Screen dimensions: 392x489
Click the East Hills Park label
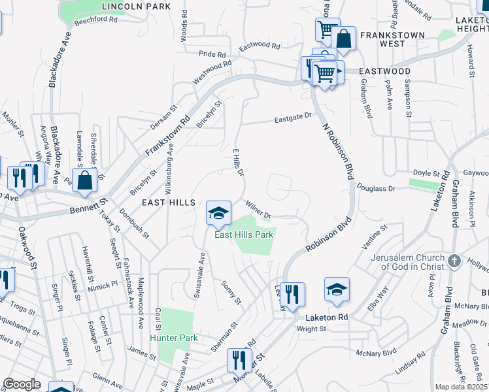pos(244,235)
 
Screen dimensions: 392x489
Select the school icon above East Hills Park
pos(219,212)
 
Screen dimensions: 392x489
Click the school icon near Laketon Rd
pos(337,289)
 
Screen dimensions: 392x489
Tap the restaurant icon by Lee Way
pos(292,293)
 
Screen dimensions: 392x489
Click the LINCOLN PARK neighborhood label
pos(137,7)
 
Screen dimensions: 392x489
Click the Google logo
pos(22,384)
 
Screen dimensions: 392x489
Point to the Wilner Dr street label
pos(260,209)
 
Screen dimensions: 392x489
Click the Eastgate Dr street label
pos(294,118)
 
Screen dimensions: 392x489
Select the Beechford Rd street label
pos(95,20)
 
